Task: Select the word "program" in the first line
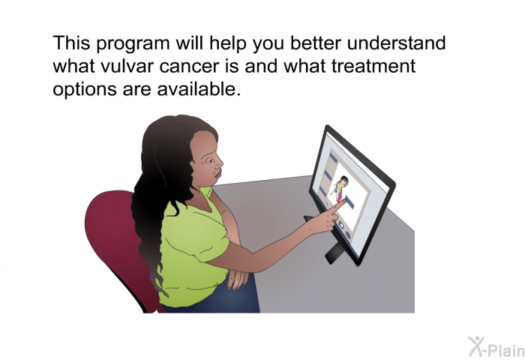[133, 44]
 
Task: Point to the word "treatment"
[373, 66]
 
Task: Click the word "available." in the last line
[199, 88]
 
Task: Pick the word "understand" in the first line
[396, 43]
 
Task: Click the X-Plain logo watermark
[496, 346]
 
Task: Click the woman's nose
[219, 163]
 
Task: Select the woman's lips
[218, 173]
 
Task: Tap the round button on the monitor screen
[347, 235]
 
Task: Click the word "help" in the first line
[228, 44]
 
